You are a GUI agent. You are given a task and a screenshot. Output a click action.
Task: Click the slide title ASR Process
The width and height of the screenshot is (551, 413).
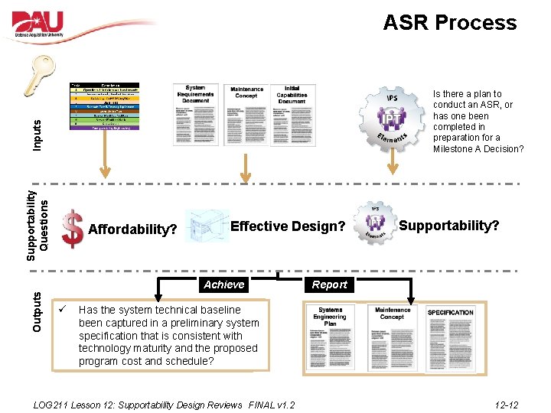point(450,23)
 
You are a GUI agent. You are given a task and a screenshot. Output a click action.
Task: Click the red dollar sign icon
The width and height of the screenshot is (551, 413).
point(72,229)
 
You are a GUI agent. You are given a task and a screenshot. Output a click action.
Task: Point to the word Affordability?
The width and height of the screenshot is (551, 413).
point(133,229)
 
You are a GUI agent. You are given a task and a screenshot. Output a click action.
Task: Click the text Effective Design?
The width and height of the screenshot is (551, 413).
point(288,226)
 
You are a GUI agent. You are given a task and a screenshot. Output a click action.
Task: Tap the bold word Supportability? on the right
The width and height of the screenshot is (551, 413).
point(449,226)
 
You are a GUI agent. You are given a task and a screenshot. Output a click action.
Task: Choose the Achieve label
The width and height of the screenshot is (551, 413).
point(224,285)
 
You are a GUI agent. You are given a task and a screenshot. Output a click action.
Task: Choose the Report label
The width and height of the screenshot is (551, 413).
point(330,285)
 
